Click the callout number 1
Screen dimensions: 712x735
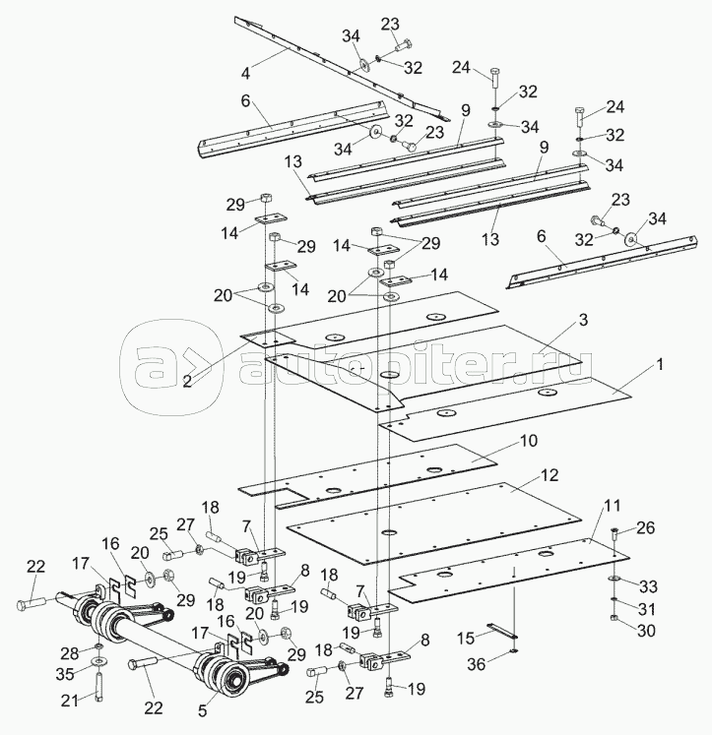660,364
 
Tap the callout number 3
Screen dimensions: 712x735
583,320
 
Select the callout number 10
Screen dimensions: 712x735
528,441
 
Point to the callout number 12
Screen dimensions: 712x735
550,475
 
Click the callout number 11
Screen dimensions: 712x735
612,506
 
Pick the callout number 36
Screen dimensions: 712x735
477,664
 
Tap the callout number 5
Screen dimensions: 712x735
202,710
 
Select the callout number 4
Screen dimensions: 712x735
245,73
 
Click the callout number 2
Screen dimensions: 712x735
187,382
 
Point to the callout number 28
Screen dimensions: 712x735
69,653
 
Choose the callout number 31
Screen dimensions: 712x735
647,609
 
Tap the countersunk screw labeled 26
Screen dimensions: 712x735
615,532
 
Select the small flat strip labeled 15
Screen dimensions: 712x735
502,631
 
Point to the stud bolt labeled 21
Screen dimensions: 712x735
98,685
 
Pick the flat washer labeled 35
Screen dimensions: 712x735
98,662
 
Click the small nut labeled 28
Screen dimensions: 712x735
98,646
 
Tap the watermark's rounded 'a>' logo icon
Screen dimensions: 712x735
171,368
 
